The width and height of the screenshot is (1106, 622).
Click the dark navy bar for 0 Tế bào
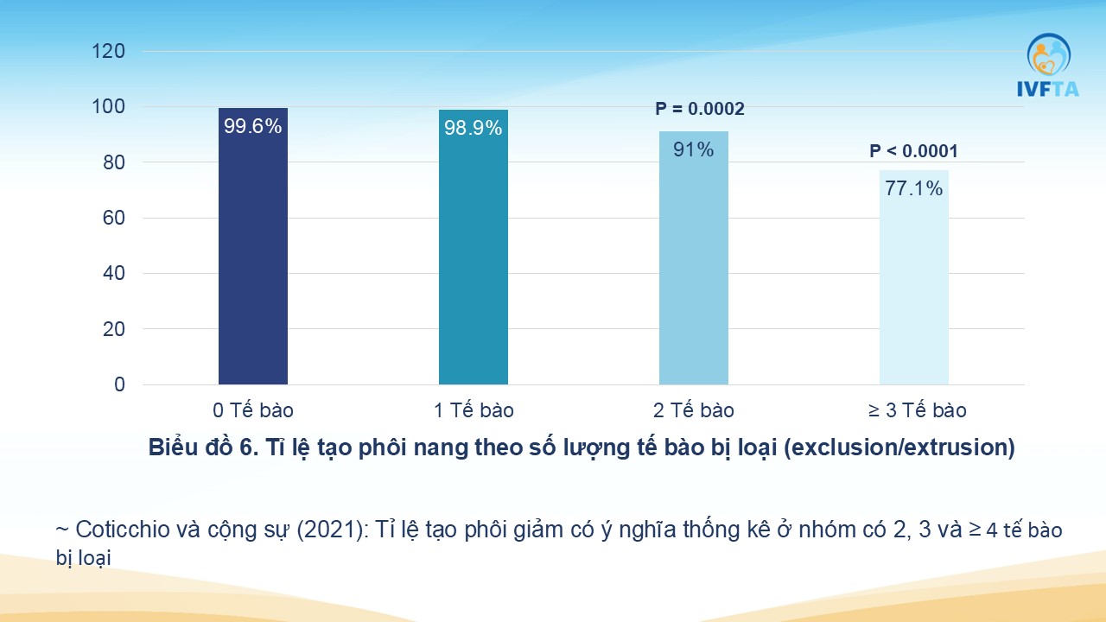[253, 246]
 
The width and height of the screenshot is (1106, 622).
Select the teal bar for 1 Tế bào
[473, 247]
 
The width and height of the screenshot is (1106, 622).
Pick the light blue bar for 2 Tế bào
[693, 257]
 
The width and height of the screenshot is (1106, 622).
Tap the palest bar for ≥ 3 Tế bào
[913, 277]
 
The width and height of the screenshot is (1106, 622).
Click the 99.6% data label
[253, 126]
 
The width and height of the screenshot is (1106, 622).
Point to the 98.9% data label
[473, 129]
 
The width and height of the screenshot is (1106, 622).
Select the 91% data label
[693, 149]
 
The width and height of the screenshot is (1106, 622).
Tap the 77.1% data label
[913, 188]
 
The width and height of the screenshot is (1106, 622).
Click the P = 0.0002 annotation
[699, 109]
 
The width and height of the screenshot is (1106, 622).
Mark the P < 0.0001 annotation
[913, 151]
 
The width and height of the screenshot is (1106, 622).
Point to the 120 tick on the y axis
[109, 51]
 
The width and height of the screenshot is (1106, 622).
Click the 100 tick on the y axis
[109, 106]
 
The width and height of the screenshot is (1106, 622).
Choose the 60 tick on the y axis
[113, 218]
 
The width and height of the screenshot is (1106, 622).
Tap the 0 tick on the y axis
[119, 384]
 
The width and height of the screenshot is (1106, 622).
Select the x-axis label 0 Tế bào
[253, 410]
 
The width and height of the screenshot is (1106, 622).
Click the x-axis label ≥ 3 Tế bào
[917, 410]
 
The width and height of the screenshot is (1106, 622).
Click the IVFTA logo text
[1048, 89]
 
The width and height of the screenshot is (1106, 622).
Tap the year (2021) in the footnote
[333, 530]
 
